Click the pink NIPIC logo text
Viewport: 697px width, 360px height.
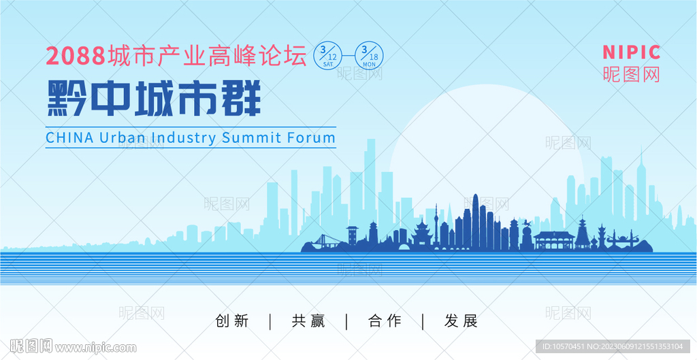631,52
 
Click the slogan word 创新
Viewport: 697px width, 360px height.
232,321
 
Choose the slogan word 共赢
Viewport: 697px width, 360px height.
308,321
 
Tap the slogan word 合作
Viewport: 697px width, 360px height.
385,321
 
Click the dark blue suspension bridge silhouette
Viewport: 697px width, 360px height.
325,240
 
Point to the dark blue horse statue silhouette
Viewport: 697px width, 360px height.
526,223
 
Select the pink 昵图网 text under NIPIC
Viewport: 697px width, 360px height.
631,74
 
